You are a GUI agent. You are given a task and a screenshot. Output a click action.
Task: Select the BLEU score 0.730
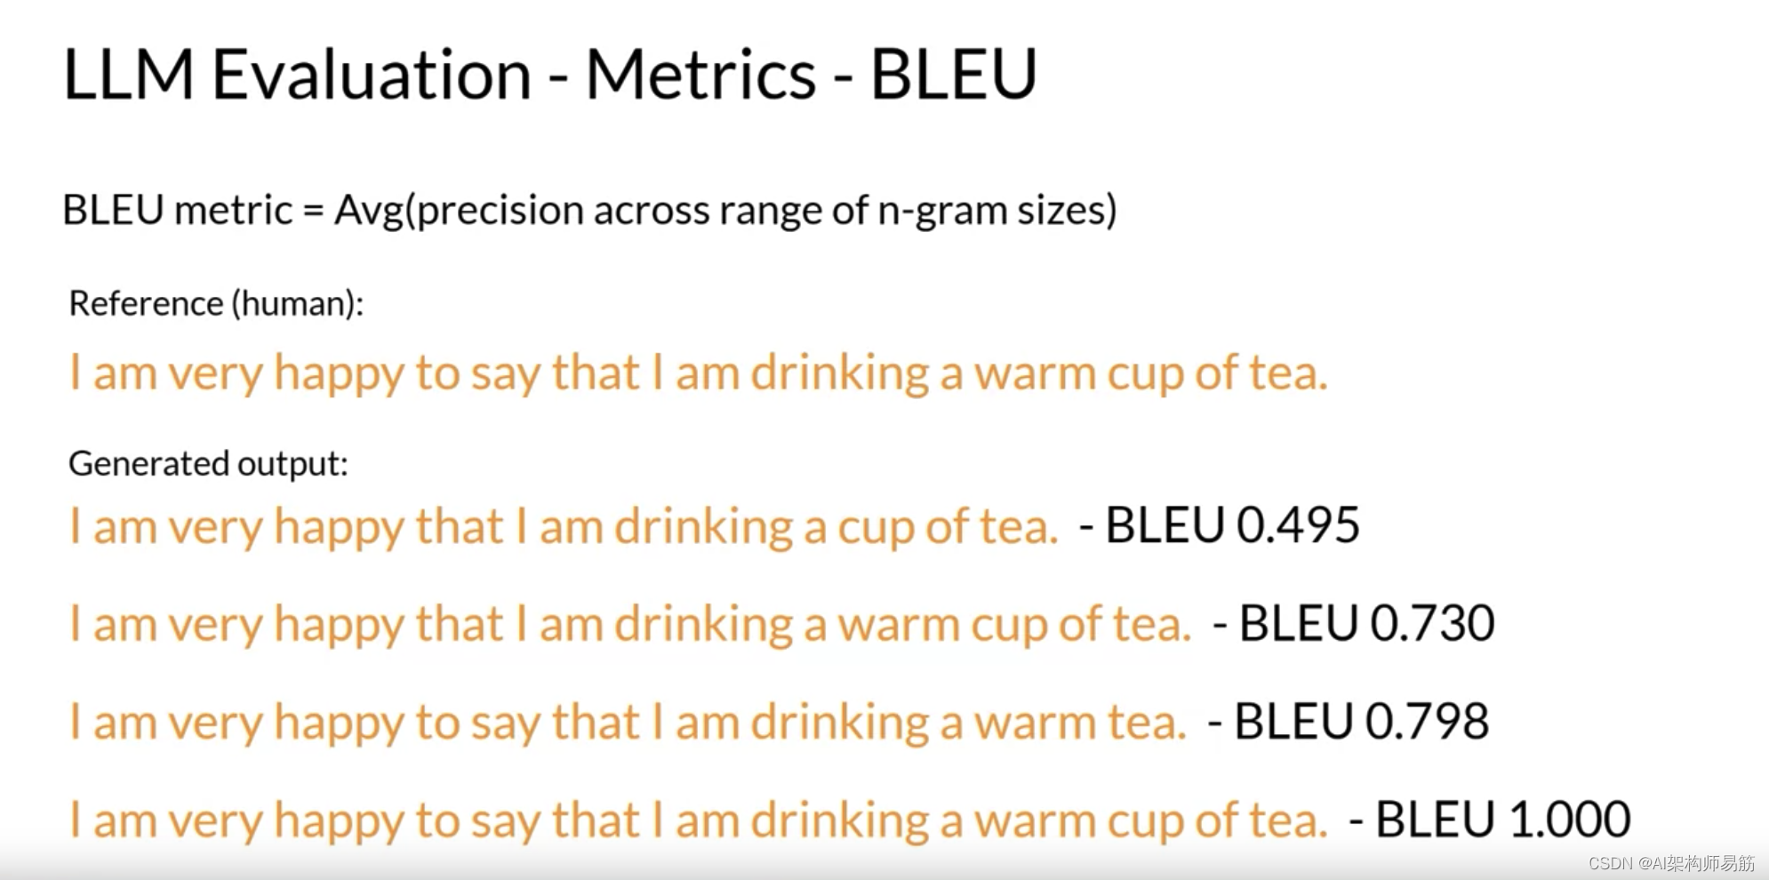click(x=1431, y=622)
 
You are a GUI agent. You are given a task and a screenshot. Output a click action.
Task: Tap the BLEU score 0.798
click(x=1426, y=720)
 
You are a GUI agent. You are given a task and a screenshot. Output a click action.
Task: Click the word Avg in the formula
click(x=368, y=211)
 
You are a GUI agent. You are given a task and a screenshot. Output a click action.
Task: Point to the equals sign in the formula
click(x=313, y=212)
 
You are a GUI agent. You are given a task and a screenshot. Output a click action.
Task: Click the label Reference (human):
click(x=216, y=304)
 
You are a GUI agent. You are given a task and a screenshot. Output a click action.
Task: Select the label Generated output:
click(x=208, y=463)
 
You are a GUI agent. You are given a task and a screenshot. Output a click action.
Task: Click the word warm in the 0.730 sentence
click(x=898, y=624)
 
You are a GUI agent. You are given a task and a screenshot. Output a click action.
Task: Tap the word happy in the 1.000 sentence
click(x=339, y=820)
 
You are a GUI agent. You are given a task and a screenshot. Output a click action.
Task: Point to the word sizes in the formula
click(x=1066, y=212)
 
